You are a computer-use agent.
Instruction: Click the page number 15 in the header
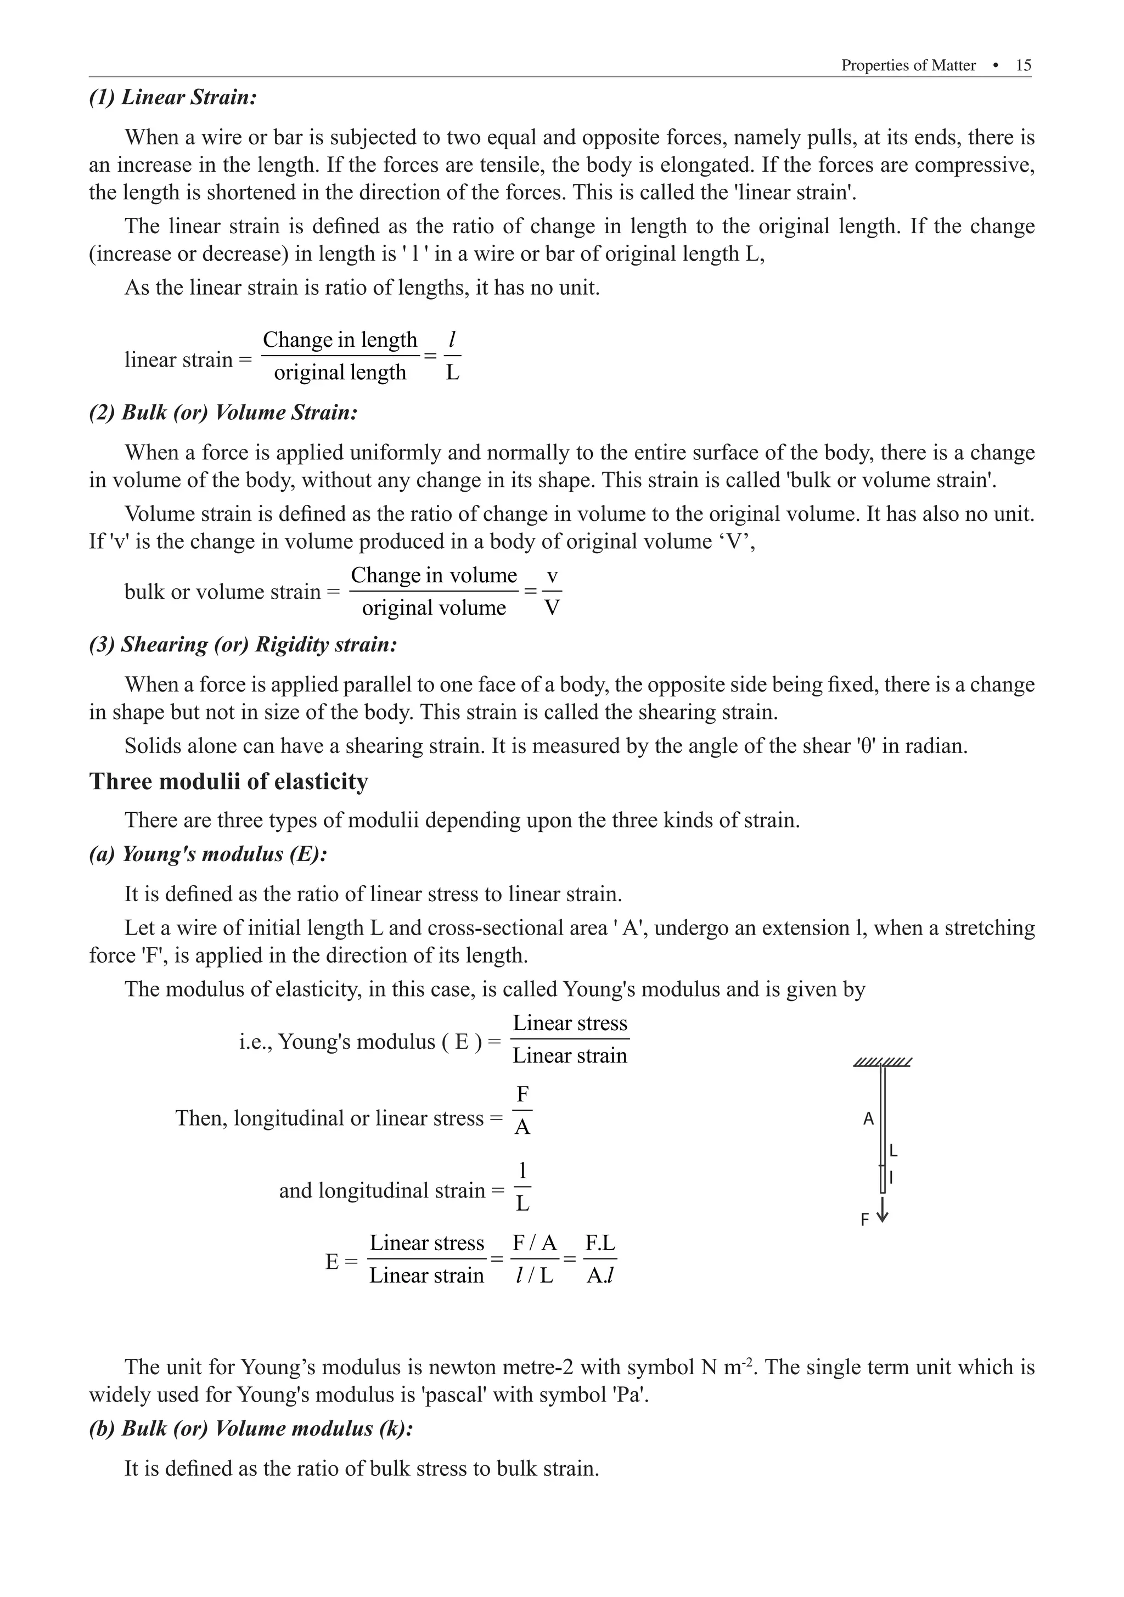tap(1023, 65)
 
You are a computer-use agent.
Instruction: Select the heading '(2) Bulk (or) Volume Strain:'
tap(223, 413)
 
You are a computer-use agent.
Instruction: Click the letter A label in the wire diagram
tap(868, 1119)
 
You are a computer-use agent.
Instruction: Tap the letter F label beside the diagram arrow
tap(864, 1220)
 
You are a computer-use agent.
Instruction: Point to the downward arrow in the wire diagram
tap(883, 1209)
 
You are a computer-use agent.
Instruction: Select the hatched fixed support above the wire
tap(882, 1062)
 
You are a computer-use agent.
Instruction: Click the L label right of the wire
tap(894, 1151)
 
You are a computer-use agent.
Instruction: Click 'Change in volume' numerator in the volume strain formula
tap(434, 575)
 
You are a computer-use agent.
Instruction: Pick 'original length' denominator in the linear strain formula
tap(339, 373)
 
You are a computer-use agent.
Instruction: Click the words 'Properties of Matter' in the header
tap(908, 65)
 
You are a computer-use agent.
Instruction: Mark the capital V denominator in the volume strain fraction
tap(552, 609)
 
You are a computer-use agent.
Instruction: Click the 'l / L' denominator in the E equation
tap(534, 1275)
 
